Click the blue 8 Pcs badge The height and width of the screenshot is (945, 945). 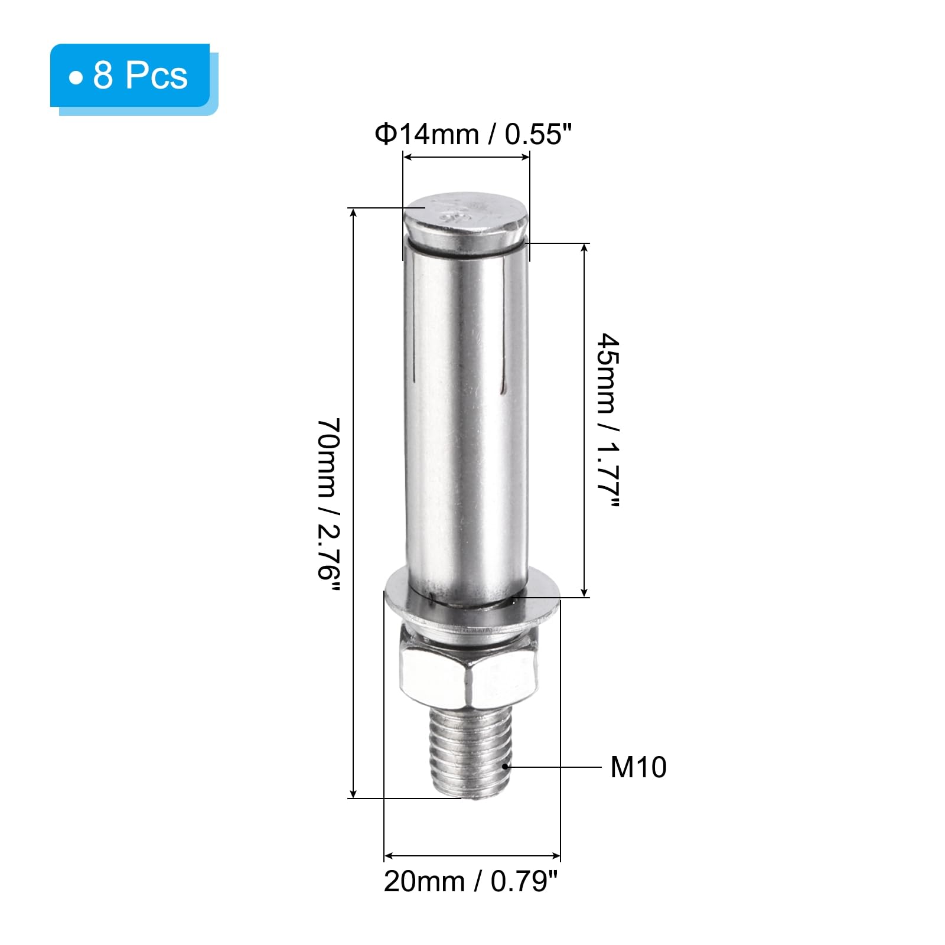click(130, 76)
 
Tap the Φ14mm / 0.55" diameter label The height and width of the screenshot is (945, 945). click(474, 135)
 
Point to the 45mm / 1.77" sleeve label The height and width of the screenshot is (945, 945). click(608, 420)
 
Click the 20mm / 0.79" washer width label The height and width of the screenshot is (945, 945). click(471, 882)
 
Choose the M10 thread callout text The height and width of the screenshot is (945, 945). click(638, 767)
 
